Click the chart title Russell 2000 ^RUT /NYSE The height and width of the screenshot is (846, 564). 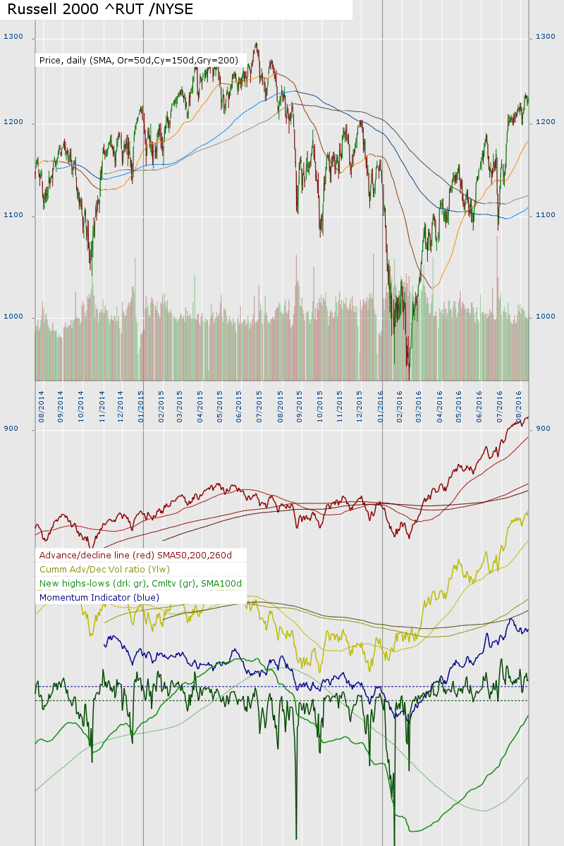(100, 9)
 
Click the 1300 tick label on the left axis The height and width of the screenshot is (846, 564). (13, 37)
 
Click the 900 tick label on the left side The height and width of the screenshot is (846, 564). (11, 428)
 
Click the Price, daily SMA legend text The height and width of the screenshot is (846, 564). (139, 61)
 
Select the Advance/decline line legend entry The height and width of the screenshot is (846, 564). (135, 556)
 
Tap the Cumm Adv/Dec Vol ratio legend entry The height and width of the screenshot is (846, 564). (104, 570)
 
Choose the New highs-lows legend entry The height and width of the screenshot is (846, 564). (140, 584)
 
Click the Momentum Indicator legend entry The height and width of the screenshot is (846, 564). (99, 598)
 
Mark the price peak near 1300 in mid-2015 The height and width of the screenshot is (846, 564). (256, 44)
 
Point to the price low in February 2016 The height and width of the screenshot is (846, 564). (408, 367)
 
